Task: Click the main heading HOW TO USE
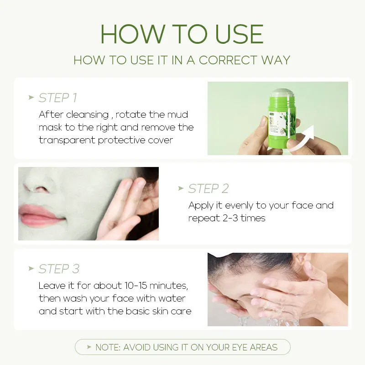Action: [x=182, y=34]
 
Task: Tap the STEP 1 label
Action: [x=57, y=98]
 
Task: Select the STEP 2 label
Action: [x=208, y=188]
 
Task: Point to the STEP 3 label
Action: [x=59, y=269]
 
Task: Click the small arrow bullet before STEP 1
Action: [x=31, y=98]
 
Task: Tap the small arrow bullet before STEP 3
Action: [x=31, y=269]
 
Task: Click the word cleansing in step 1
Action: [x=87, y=115]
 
